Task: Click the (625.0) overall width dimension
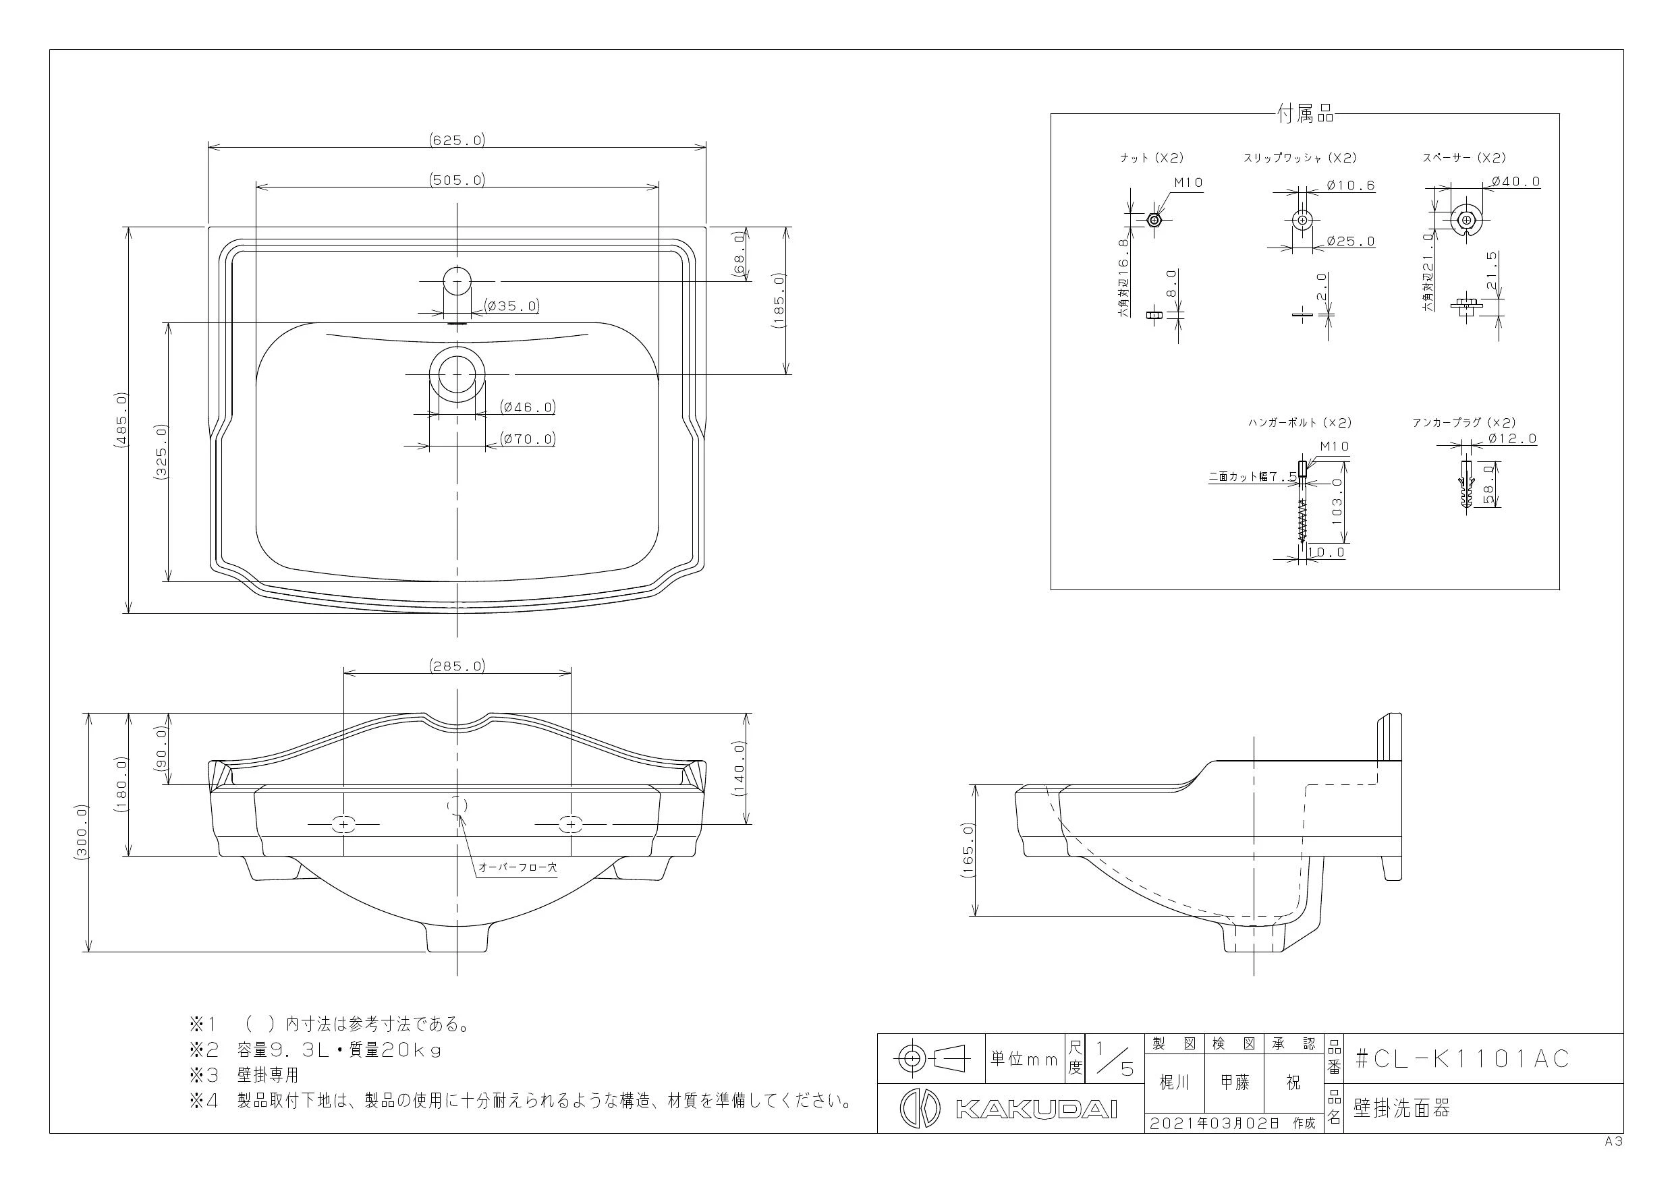[457, 139]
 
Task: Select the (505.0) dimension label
[457, 179]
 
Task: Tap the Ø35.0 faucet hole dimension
[512, 306]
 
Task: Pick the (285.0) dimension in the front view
[457, 666]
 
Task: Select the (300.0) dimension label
[81, 832]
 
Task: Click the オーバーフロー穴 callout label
[518, 867]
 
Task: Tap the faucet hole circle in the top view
[457, 281]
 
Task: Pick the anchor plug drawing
[1466, 486]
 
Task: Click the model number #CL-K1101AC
[1462, 1058]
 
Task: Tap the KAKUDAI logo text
[1036, 1109]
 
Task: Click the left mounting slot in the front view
[343, 824]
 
